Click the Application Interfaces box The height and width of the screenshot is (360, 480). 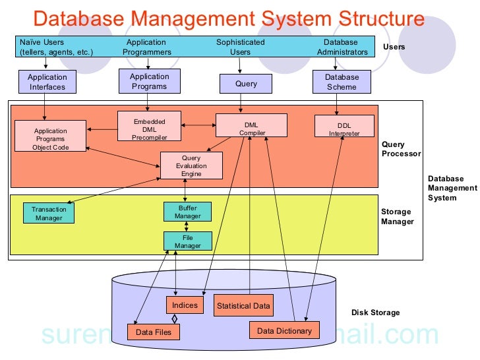pos(47,82)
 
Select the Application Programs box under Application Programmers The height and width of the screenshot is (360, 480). pos(150,81)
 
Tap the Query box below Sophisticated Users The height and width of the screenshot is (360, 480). pos(246,84)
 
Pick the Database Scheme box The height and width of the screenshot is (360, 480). pos(342,82)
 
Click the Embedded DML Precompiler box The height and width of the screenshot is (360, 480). pos(150,125)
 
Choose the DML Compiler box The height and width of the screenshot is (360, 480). pos(252,125)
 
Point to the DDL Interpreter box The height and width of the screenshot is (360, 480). pos(344,126)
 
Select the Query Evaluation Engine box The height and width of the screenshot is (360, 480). pos(191,165)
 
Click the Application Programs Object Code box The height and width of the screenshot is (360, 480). pos(51,136)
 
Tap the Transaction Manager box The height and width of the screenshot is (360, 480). pos(49,213)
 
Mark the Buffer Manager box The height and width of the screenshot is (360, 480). pos(187,212)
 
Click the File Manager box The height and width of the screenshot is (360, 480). pos(188,241)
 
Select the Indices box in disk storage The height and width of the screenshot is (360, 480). pos(185,305)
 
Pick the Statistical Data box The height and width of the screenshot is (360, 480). pos(243,305)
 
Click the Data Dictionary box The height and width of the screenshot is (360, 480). pos(284,330)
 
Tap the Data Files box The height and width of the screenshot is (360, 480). pos(154,332)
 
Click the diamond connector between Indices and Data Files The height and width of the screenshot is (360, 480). pos(175,318)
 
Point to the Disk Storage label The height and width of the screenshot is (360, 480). pos(375,313)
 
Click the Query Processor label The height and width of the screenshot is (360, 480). pos(401,149)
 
